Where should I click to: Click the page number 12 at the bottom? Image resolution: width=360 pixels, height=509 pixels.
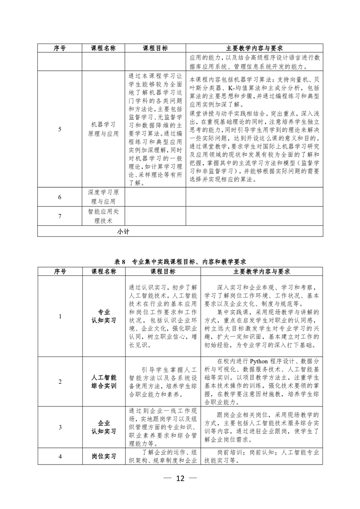pos(180,479)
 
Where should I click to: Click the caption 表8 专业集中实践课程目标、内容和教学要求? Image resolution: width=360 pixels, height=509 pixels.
pos(180,262)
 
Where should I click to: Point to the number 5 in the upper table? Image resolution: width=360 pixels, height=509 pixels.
pos(60,129)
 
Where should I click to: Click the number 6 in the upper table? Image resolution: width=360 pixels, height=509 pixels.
pos(60,197)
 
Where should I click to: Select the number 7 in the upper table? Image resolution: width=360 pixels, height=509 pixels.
pos(60,216)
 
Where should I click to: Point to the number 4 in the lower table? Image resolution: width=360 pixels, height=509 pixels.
pos(60,457)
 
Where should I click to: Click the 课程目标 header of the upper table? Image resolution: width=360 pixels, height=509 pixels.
pos(155,48)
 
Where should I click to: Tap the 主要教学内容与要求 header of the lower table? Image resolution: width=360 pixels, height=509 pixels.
pos(261,271)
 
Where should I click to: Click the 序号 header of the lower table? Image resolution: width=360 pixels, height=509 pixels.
pos(60,271)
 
